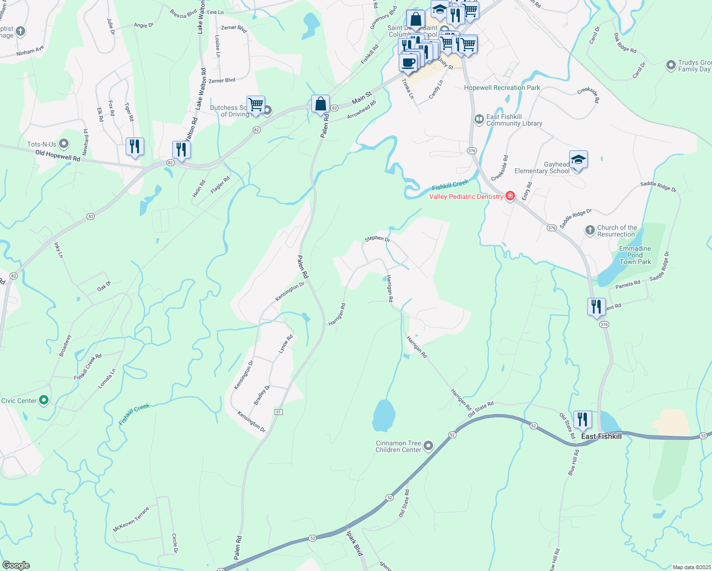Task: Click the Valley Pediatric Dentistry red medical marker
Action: (510, 196)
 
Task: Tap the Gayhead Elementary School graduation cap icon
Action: (578, 160)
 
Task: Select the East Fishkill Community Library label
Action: (514, 120)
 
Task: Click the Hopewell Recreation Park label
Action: (502, 88)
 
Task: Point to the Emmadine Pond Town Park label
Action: (635, 255)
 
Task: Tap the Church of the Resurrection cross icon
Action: (590, 231)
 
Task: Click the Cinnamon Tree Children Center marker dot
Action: (428, 446)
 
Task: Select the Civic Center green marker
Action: (44, 400)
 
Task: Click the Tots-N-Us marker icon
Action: (64, 144)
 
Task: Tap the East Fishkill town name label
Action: (601, 436)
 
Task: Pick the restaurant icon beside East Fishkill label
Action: (583, 420)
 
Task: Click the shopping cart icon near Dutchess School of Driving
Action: (256, 105)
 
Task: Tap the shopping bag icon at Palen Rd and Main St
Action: (321, 104)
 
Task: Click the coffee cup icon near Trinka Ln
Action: (408, 62)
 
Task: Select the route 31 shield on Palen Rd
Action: (279, 412)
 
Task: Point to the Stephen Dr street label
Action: (377, 239)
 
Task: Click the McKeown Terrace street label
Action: (131, 519)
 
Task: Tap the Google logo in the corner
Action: (16, 565)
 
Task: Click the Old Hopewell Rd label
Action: (58, 156)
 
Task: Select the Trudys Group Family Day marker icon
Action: (671, 65)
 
